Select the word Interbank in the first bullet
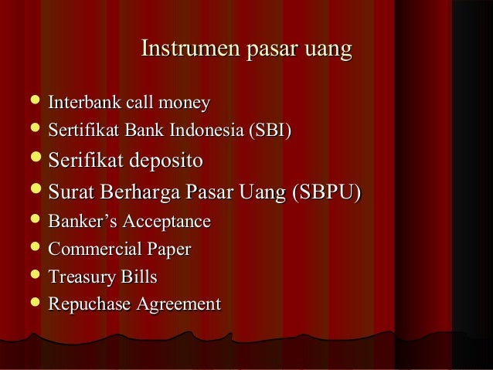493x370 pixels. (x=81, y=102)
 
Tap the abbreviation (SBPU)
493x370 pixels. (x=324, y=191)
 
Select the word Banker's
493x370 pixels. (x=78, y=222)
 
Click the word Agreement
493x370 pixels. (x=178, y=304)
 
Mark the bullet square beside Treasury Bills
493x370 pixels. (x=32, y=276)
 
